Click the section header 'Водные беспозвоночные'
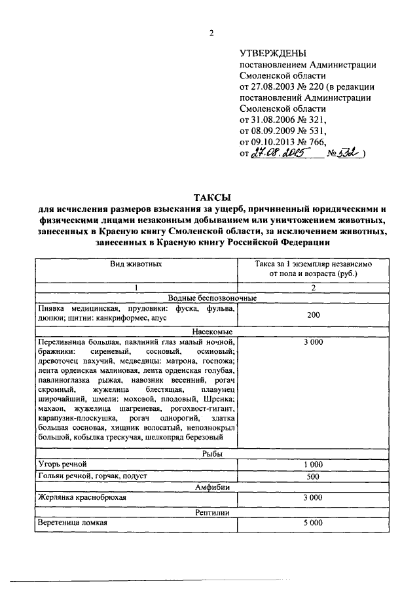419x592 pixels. (211, 298)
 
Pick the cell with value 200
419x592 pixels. (313, 315)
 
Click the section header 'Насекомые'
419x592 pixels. (211, 332)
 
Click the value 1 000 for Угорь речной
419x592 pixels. (313, 464)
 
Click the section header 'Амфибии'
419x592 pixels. (211, 487)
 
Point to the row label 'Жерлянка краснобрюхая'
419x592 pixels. (82, 498)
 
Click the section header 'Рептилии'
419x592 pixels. (211, 511)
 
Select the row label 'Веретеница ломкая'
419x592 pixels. (73, 523)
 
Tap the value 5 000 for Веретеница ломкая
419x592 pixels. (313, 523)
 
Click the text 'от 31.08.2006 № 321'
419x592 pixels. (283, 120)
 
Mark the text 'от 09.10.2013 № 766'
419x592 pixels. (283, 141)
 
